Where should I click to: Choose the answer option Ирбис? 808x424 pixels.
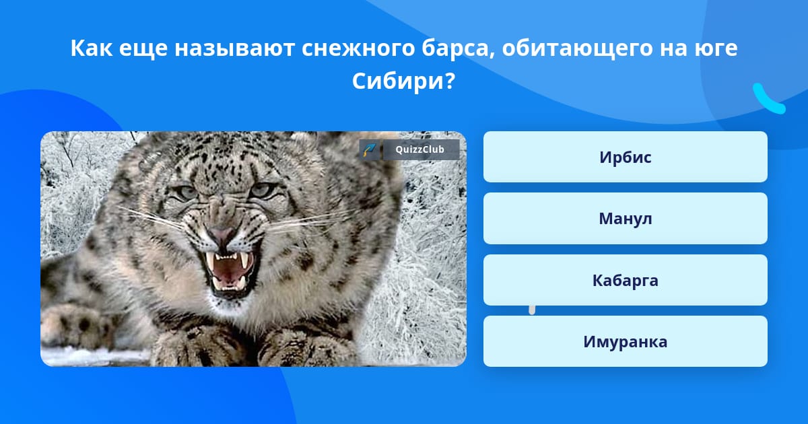tap(625, 157)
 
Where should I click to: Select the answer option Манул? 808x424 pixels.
tap(625, 219)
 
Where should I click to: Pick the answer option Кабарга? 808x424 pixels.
tap(625, 280)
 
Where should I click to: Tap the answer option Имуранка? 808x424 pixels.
tap(625, 341)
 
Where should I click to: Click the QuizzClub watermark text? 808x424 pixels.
tap(419, 149)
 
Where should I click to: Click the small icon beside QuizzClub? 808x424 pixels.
tap(370, 149)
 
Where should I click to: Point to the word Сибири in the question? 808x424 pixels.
tap(398, 81)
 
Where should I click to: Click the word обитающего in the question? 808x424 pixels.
tap(577, 49)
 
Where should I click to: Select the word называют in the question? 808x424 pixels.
tap(234, 49)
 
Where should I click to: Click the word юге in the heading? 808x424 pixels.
tap(716, 49)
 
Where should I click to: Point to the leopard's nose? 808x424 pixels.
tap(222, 234)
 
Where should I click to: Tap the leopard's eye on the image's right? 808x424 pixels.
tap(263, 190)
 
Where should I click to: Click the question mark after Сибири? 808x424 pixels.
tap(450, 81)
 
